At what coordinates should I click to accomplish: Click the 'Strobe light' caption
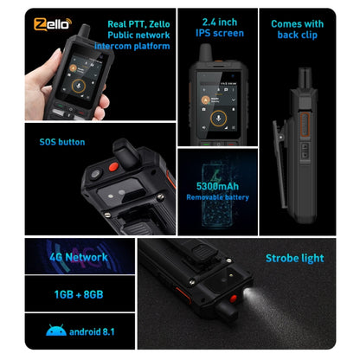pyautogui.click(x=294, y=258)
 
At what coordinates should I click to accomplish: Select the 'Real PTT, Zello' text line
pyautogui.click(x=132, y=22)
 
